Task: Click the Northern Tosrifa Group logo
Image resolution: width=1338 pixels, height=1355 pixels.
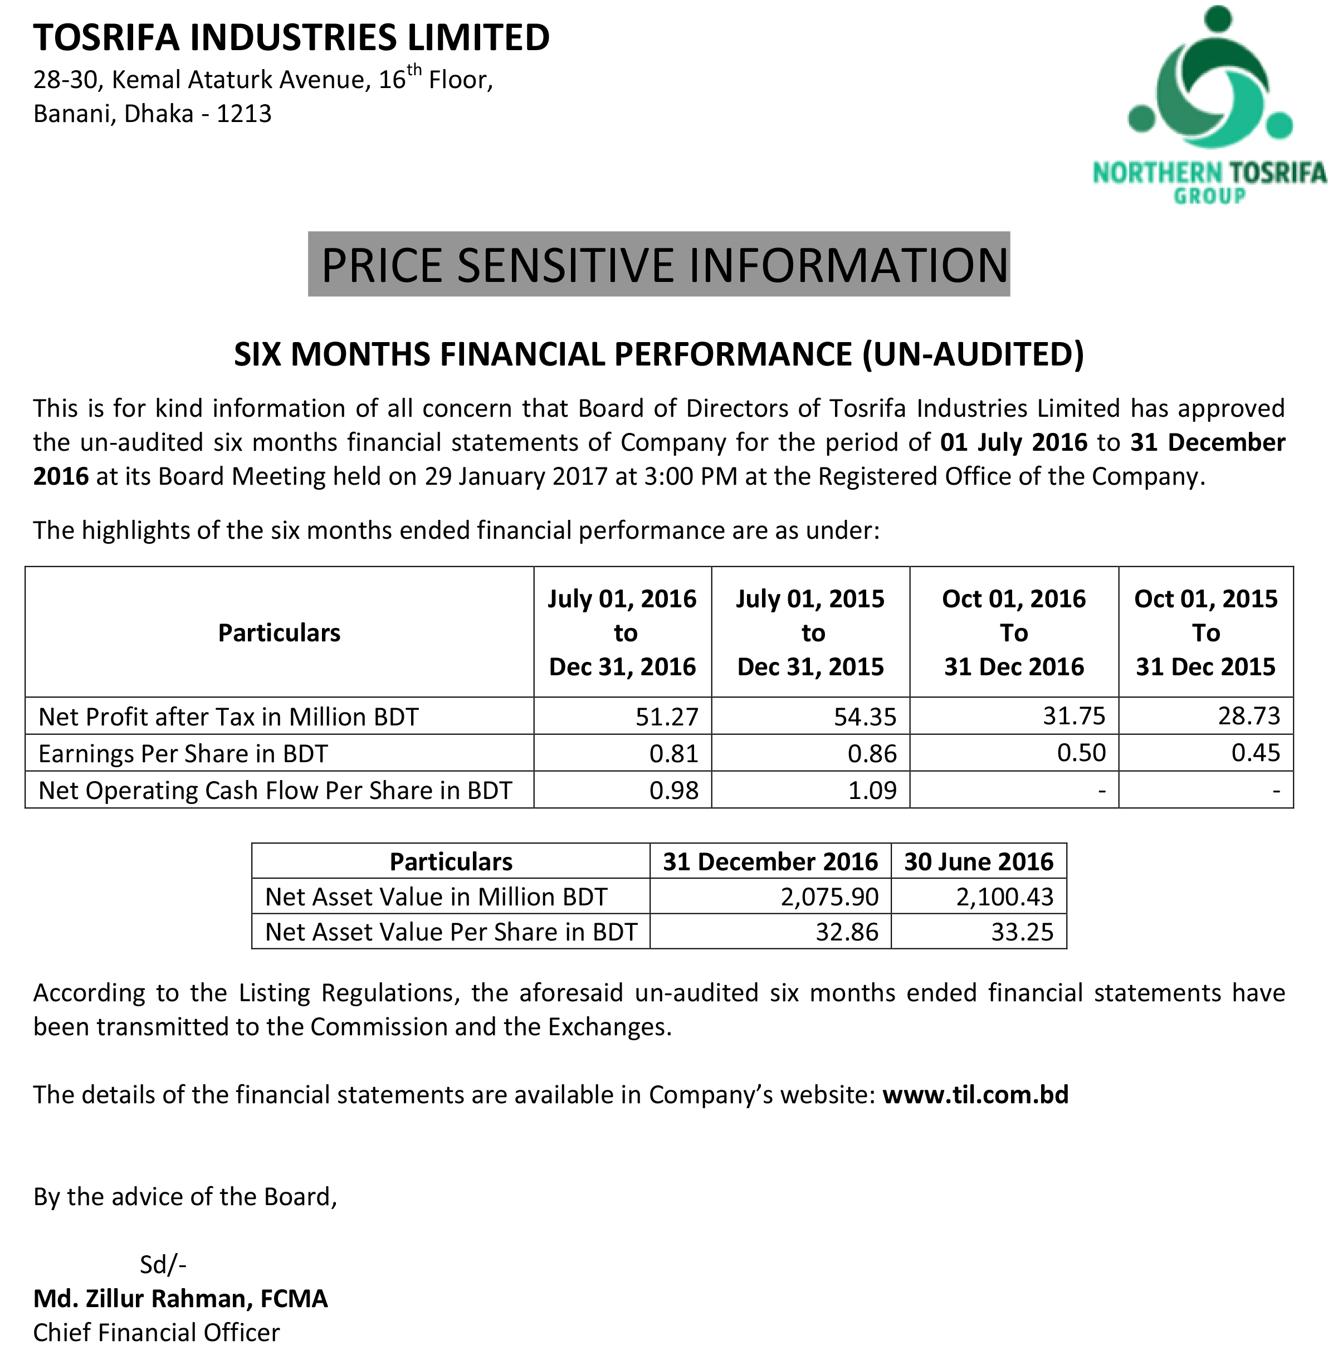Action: (x=1208, y=105)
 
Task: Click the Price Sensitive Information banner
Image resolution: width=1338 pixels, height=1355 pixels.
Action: (x=658, y=265)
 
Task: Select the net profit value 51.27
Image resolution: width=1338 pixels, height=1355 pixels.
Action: (x=667, y=716)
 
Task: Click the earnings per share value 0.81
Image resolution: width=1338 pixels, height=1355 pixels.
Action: (x=674, y=753)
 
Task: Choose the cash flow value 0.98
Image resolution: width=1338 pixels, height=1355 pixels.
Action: (x=674, y=791)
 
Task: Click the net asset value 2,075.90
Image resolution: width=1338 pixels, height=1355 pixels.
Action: (x=829, y=897)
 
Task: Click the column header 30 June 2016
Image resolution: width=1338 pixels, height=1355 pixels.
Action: (x=978, y=861)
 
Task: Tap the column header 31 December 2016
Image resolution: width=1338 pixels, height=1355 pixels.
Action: (x=770, y=861)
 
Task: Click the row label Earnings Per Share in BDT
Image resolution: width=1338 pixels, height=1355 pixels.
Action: (x=183, y=753)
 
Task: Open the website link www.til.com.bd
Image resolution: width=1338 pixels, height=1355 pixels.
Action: (x=975, y=1094)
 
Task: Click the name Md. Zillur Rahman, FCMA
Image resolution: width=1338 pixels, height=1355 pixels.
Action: (x=181, y=1298)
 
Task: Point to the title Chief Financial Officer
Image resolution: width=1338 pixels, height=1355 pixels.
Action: (x=157, y=1332)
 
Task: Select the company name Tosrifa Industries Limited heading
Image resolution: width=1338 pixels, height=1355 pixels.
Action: (x=292, y=37)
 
